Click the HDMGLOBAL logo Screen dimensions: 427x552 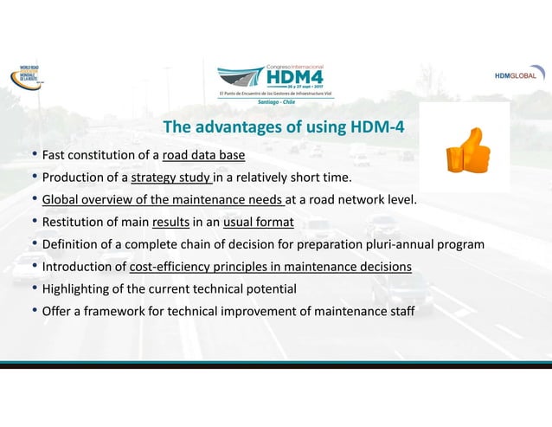520,75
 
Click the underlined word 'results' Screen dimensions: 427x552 170,223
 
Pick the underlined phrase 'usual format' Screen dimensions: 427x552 258,223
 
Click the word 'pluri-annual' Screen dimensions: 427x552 405,244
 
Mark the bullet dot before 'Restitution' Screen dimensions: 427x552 35,223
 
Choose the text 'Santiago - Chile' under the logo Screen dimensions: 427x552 275,102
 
